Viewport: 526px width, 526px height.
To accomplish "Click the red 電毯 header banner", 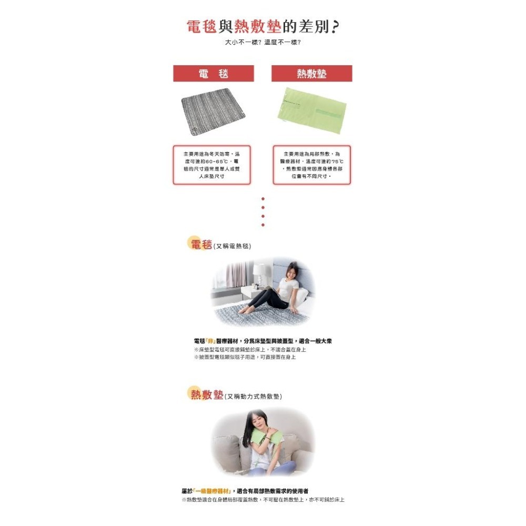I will click(x=214, y=74).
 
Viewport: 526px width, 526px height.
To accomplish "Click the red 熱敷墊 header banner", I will click(x=311, y=74).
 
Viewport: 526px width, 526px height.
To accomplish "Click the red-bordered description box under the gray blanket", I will click(x=211, y=165).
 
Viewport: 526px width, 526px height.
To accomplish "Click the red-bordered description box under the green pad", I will click(x=311, y=165).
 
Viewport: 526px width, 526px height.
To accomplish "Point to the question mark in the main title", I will click(x=333, y=27).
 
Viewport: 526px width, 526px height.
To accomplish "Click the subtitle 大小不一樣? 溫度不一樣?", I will click(x=262, y=42).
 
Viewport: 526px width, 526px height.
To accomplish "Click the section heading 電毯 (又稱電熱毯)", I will click(x=220, y=245).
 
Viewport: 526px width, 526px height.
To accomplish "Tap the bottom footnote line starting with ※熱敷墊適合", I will click(x=262, y=499).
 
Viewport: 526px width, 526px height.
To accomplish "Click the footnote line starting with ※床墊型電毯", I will click(x=250, y=349).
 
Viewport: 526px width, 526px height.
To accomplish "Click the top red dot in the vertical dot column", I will click(x=262, y=199).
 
